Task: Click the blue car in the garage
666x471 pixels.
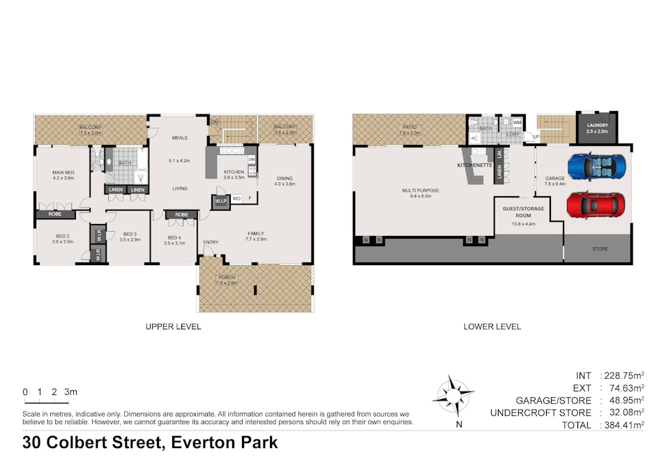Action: tap(597, 167)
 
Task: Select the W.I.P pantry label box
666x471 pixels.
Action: tap(222, 202)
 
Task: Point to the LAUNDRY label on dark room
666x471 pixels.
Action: tap(597, 125)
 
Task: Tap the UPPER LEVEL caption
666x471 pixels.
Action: tap(173, 327)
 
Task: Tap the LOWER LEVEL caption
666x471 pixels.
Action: tap(492, 327)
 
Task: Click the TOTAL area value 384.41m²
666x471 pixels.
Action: tap(621, 425)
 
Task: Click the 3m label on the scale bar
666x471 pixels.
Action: tap(70, 393)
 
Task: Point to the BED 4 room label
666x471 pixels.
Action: tap(174, 238)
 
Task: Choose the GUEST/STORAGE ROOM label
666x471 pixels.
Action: tap(523, 212)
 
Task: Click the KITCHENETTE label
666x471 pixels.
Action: tap(475, 165)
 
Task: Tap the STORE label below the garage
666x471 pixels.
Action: tap(599, 248)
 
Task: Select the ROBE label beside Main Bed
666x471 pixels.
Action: tap(56, 214)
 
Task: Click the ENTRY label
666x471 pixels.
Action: tap(211, 242)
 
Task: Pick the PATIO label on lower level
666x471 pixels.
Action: tap(409, 127)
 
